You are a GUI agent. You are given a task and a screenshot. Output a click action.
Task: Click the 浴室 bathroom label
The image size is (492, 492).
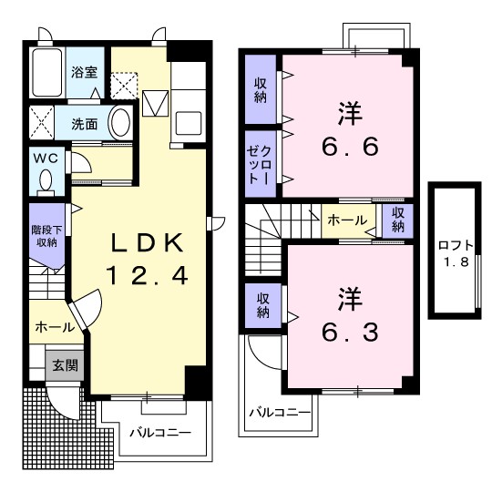click(84, 72)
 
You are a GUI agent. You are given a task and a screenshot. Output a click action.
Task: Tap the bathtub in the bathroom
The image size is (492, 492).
click(47, 72)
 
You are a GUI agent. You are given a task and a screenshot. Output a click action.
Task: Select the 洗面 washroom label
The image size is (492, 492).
click(84, 124)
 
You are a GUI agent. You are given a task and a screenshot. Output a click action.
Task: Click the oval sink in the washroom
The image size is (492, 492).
click(119, 122)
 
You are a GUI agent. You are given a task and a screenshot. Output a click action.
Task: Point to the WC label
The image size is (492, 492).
click(46, 158)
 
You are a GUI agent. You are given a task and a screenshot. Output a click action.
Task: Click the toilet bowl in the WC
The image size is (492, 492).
click(46, 181)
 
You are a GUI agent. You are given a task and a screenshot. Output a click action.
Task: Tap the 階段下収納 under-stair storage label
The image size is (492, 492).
click(46, 236)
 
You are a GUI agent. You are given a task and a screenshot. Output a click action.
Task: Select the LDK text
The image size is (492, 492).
click(148, 242)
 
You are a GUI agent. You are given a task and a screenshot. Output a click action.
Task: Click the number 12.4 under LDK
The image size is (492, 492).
click(148, 275)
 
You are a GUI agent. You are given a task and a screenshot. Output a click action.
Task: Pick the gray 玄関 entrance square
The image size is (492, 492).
click(65, 365)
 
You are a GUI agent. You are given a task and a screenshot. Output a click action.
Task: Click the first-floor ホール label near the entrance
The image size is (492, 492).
click(56, 327)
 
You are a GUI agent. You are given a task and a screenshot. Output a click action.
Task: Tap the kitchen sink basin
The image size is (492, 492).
click(189, 123)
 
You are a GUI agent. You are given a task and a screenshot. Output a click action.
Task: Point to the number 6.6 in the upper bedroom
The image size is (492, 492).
click(350, 147)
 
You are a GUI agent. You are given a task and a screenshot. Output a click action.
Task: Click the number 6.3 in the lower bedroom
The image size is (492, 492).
click(350, 333)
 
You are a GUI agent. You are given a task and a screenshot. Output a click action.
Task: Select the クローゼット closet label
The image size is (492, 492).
click(259, 165)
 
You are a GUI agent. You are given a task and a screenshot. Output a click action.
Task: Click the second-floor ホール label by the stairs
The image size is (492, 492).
click(347, 220)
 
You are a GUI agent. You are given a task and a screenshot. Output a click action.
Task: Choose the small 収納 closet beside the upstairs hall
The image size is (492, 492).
click(397, 220)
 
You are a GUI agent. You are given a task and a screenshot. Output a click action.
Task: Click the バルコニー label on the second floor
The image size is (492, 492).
click(280, 413)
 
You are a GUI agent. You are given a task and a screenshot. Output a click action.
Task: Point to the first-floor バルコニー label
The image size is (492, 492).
click(160, 433)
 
